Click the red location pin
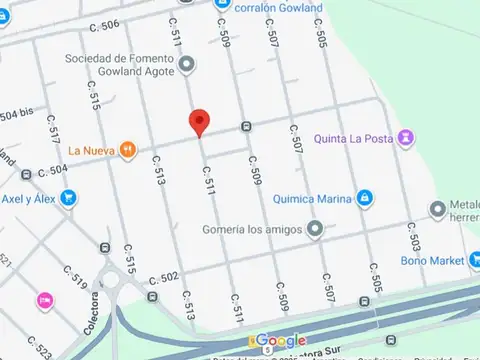click(199, 122)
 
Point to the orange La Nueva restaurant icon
click(127, 150)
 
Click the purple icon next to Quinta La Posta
click(405, 137)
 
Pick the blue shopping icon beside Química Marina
click(366, 198)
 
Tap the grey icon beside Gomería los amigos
click(315, 229)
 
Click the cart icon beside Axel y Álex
click(68, 197)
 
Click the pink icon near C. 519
click(45, 299)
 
